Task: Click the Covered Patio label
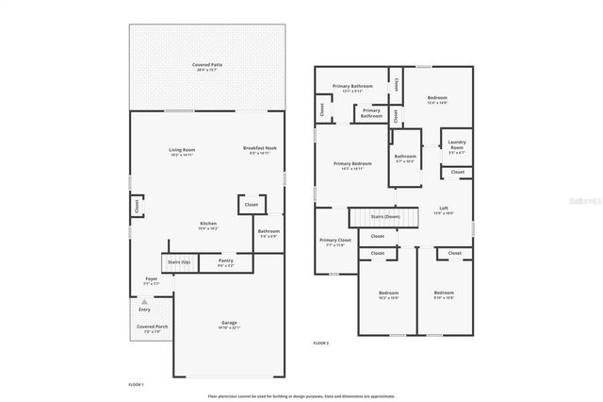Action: tap(208, 66)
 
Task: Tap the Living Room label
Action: tap(182, 151)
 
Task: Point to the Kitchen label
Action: tap(208, 226)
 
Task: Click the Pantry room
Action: tap(226, 262)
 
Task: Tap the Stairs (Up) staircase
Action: tap(178, 263)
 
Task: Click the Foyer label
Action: tap(151, 280)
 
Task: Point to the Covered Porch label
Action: tap(152, 328)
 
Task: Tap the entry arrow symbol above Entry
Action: tap(144, 301)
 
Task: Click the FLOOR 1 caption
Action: tap(137, 385)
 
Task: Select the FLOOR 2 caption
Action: tap(320, 343)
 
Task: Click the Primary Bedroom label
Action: tap(352, 165)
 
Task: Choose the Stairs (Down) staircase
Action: tap(377, 217)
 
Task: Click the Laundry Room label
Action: tap(457, 148)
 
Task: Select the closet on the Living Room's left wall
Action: tap(136, 204)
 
